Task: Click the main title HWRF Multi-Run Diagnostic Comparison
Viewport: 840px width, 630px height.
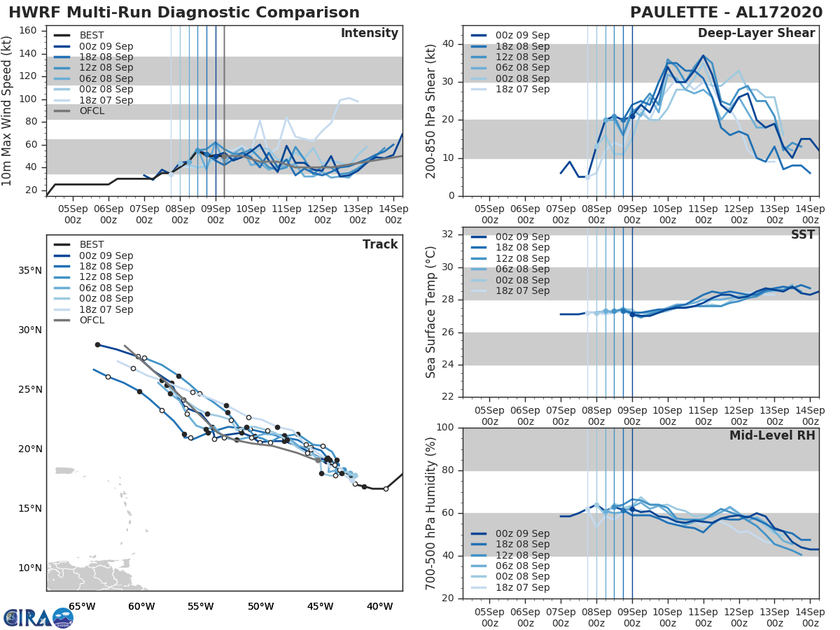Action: click(x=184, y=13)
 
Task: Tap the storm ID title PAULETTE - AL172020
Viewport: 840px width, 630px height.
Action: click(x=724, y=13)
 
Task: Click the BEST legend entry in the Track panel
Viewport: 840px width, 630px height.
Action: click(x=92, y=244)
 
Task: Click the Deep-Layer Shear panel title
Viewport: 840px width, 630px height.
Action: click(x=756, y=34)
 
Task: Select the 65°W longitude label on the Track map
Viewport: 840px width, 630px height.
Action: click(x=82, y=606)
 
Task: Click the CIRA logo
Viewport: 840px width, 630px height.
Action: click(x=38, y=617)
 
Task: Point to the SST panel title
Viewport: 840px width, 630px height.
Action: click(x=803, y=234)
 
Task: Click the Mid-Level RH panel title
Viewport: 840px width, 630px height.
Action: click(x=772, y=435)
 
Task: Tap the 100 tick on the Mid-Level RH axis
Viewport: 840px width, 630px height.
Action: click(x=444, y=428)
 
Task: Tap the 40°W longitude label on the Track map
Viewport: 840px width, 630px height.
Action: click(x=379, y=606)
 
